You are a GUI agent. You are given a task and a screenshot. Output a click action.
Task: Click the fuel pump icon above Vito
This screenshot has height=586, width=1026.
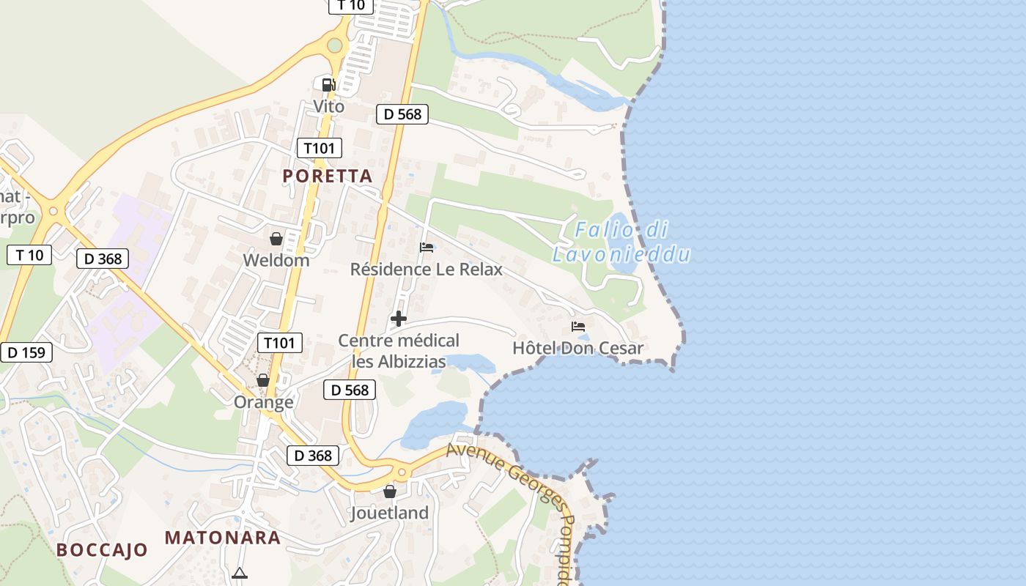(x=328, y=84)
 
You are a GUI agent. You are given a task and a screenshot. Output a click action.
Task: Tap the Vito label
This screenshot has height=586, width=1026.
(x=328, y=106)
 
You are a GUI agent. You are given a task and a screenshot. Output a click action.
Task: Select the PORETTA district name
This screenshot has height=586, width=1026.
(x=328, y=176)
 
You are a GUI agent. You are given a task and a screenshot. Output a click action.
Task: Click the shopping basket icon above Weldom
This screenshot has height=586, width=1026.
(x=276, y=239)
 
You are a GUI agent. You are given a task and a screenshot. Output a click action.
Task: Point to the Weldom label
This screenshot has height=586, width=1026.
(x=276, y=260)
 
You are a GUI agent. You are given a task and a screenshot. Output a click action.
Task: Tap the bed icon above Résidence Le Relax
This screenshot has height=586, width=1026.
(x=427, y=248)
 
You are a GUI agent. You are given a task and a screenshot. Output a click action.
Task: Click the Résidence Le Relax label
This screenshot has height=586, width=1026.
(x=426, y=270)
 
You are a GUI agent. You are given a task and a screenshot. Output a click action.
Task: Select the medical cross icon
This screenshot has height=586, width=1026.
(x=399, y=319)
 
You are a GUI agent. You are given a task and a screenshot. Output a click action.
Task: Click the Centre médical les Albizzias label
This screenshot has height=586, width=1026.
(x=399, y=351)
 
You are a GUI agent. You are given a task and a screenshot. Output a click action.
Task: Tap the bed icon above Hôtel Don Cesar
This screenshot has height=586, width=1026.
(x=578, y=327)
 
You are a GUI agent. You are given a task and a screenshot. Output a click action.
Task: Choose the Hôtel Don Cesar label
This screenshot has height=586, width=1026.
(x=577, y=348)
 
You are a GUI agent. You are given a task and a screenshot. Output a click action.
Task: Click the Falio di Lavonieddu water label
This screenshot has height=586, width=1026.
(x=621, y=242)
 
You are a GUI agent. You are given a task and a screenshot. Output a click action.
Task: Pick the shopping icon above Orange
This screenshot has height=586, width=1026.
(x=263, y=380)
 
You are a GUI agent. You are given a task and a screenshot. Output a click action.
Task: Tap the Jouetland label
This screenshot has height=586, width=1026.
(x=389, y=513)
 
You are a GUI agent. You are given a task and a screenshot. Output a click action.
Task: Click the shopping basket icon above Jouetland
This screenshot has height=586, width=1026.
(x=390, y=492)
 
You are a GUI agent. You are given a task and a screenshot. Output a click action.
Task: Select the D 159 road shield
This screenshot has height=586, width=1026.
(x=26, y=352)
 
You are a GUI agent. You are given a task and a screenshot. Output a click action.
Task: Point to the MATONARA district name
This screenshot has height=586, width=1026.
(x=223, y=538)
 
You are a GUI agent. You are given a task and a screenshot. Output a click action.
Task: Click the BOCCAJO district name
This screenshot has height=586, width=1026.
(x=102, y=550)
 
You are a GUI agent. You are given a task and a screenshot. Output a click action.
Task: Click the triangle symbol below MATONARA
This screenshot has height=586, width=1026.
(x=240, y=574)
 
